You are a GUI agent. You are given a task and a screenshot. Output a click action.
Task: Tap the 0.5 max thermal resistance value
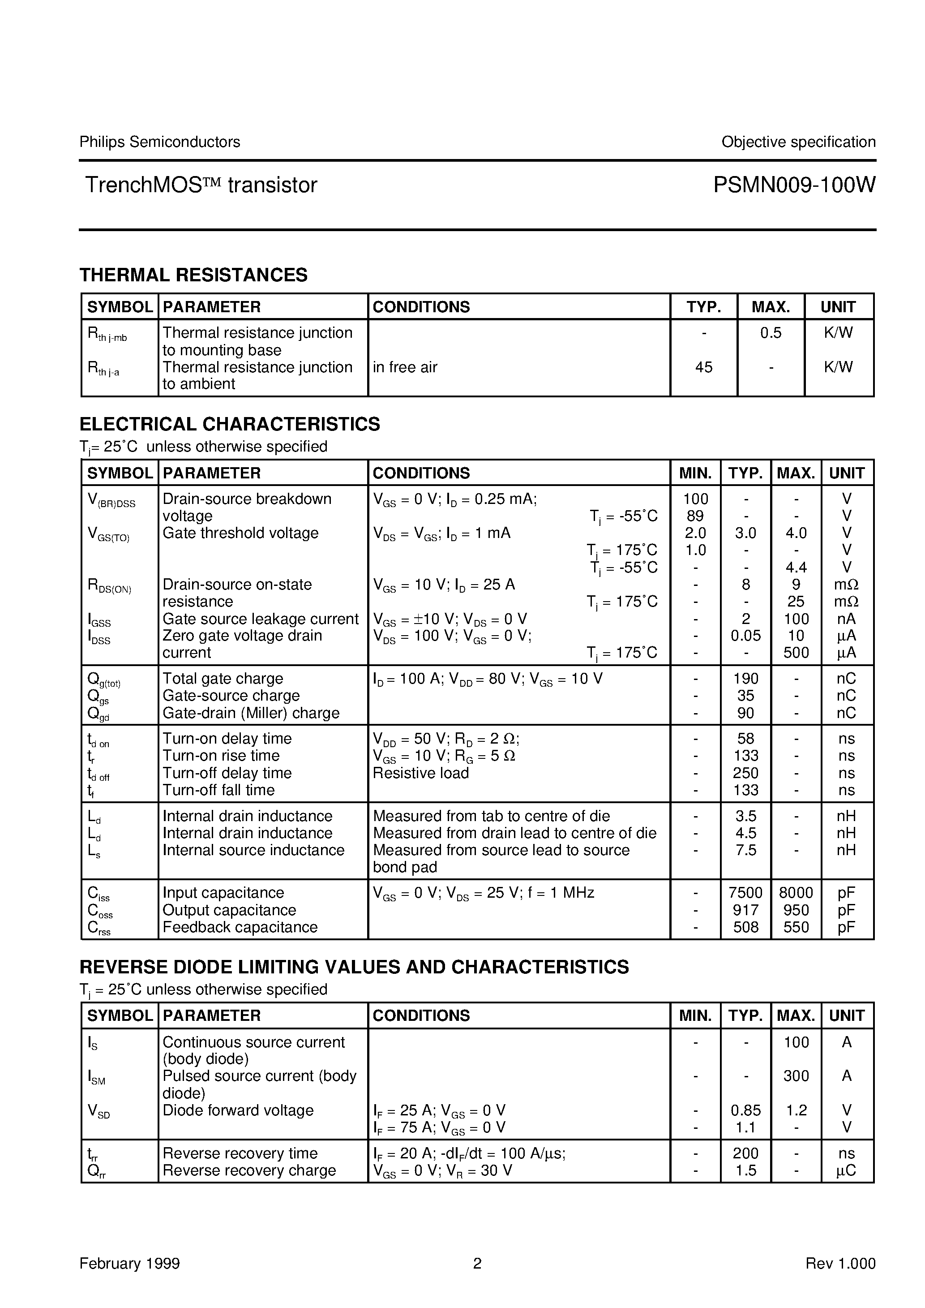771,333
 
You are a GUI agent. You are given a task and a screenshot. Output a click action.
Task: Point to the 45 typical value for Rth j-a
703,367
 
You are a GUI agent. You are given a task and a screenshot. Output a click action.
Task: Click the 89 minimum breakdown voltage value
695,516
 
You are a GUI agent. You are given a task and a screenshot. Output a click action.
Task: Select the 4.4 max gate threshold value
796,568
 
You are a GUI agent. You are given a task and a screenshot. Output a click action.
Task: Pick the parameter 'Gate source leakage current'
260,619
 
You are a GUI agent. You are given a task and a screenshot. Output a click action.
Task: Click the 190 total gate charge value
745,679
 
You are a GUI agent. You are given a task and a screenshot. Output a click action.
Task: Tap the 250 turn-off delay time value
745,773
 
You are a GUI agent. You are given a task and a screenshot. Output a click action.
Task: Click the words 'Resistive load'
420,773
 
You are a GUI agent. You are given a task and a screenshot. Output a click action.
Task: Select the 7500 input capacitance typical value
745,893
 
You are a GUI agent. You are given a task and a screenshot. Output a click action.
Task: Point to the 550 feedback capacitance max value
796,927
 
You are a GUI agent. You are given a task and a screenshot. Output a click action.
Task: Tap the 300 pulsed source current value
796,1076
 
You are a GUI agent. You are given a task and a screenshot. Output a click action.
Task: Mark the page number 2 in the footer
477,1264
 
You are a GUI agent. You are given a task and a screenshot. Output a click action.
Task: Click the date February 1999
129,1264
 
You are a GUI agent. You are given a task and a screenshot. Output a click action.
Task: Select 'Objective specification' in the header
798,142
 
